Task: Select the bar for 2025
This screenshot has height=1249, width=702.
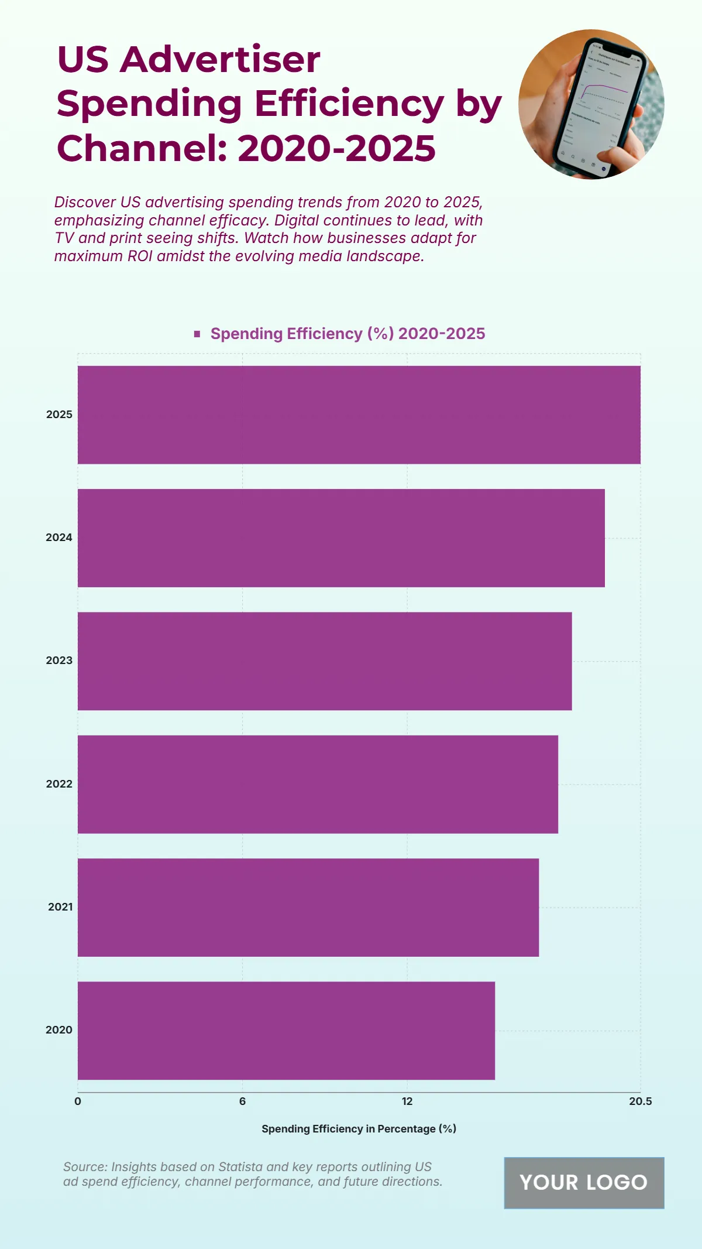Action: [359, 415]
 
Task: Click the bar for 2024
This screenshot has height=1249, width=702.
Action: [341, 538]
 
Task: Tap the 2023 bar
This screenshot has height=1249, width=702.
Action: [325, 661]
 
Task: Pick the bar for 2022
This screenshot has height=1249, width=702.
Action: [318, 784]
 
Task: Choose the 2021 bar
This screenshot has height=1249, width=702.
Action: [308, 907]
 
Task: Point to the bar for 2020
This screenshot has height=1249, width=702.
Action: [286, 1030]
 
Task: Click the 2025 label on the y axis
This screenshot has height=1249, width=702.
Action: [59, 415]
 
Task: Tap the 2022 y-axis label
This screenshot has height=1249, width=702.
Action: [59, 784]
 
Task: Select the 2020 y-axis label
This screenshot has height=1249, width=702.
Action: [59, 1030]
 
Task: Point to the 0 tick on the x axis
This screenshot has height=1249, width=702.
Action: [78, 1101]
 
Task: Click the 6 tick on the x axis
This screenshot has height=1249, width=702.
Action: [242, 1101]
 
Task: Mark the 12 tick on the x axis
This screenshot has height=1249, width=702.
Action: [407, 1101]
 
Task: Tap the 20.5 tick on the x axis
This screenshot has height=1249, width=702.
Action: [640, 1101]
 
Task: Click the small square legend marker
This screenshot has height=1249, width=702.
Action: [197, 334]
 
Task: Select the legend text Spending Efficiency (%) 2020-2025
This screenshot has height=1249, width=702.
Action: [347, 334]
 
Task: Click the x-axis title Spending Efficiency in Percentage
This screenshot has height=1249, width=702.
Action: [359, 1129]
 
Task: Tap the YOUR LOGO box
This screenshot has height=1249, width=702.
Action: [584, 1183]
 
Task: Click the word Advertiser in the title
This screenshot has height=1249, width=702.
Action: [220, 59]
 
